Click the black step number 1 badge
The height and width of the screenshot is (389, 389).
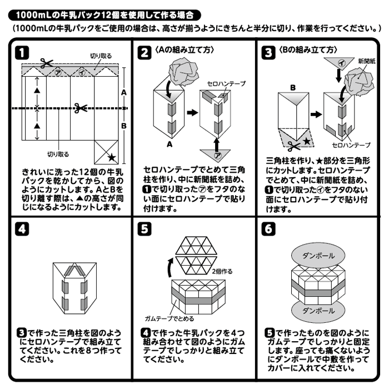point(21,53)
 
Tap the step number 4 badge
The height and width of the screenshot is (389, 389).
point(21,230)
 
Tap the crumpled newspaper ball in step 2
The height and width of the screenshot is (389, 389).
point(178,72)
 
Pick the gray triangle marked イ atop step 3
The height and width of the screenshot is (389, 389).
point(338,63)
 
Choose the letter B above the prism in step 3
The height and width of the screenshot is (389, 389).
point(293,88)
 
